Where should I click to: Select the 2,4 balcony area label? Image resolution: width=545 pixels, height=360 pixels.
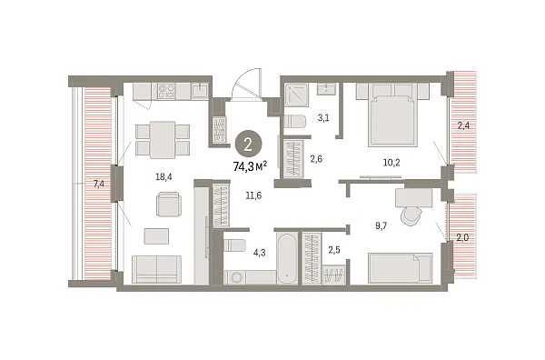464,126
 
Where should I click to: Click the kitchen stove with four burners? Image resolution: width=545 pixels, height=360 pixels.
166,91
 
